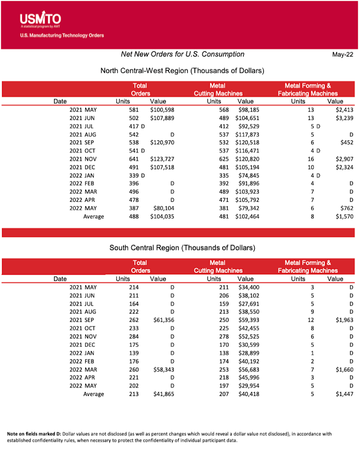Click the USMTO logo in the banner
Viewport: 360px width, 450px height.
(x=40, y=19)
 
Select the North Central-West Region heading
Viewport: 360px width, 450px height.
(x=182, y=71)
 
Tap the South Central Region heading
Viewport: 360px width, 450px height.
(x=182, y=248)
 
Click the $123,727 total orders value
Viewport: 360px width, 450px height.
(x=162, y=159)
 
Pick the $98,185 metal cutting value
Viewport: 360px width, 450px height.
(x=247, y=110)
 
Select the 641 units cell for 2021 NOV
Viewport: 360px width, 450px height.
(x=133, y=159)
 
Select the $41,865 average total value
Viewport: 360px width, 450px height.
(x=162, y=394)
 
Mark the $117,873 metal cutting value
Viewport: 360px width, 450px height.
(x=247, y=134)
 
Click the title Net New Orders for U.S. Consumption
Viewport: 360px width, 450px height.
(x=183, y=54)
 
